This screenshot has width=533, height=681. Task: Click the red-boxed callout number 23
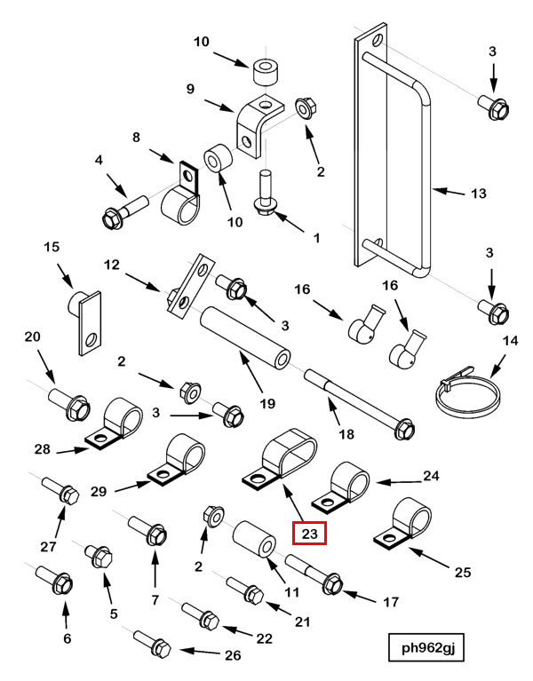click(x=310, y=534)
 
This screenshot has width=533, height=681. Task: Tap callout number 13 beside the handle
click(x=479, y=193)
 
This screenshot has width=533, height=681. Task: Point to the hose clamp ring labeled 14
click(x=464, y=391)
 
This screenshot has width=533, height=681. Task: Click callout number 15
click(x=51, y=245)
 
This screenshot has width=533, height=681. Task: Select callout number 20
click(x=33, y=337)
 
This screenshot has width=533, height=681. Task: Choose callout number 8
click(x=137, y=138)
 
